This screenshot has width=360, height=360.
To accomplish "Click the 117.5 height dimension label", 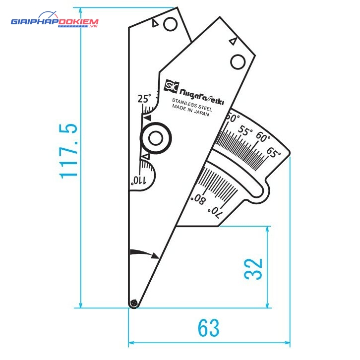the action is pos(68,151).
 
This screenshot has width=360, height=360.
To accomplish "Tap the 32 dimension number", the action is pos(253,269).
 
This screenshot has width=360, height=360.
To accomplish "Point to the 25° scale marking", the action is pos(144,99).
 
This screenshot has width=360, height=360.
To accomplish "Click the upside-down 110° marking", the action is pos(138,180).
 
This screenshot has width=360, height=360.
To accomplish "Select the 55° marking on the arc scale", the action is pos(245,131).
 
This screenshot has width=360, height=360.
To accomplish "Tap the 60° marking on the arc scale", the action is pos(263,137).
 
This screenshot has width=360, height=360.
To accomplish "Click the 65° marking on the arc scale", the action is pos(273,152).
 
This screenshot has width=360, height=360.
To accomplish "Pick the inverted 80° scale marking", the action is pos(199,200).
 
